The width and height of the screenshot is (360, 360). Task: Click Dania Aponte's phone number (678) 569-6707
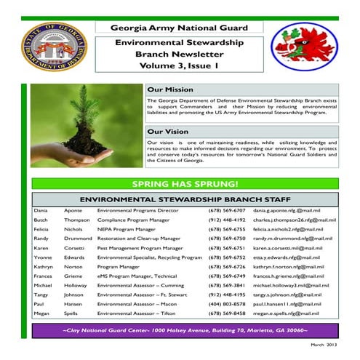[x=227, y=210]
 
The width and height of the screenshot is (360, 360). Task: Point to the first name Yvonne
[x=43, y=257]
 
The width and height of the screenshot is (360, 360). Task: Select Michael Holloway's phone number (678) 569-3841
[x=227, y=285]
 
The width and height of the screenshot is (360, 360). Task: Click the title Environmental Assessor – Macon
[x=136, y=304]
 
